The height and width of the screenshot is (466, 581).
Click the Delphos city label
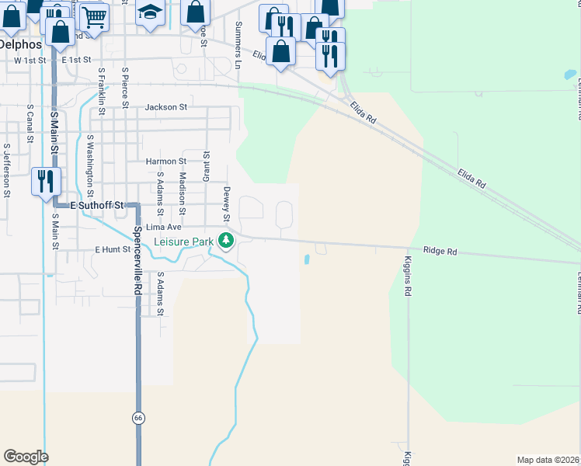tap(20, 44)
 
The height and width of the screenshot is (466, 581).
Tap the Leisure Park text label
tap(183, 242)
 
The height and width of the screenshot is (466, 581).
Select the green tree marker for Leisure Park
tap(226, 241)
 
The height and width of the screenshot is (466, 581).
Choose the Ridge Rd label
tap(440, 251)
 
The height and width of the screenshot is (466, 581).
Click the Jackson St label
tap(166, 107)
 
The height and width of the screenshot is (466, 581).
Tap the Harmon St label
tap(166, 162)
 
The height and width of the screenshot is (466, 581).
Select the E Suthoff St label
tap(97, 206)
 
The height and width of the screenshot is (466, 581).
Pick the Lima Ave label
tap(164, 227)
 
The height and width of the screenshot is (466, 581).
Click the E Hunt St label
tap(113, 249)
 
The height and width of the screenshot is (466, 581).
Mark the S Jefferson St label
tap(6, 170)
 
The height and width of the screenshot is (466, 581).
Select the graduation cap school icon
tap(150, 12)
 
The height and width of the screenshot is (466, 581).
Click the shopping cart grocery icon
tap(93, 15)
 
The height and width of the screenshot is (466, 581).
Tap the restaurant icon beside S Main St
tap(45, 181)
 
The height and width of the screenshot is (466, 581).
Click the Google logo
tap(26, 457)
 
